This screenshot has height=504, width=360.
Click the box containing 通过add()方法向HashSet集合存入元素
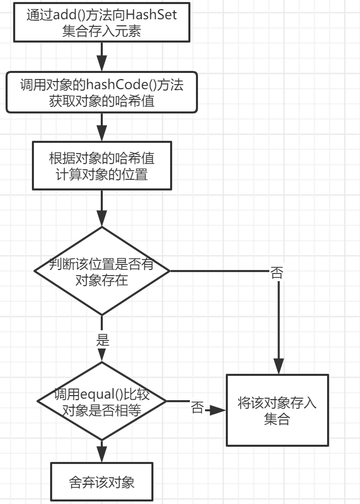(x=102, y=23)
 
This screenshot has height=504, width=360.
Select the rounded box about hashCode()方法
(x=102, y=92)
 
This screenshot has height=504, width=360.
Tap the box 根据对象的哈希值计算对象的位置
(x=102, y=165)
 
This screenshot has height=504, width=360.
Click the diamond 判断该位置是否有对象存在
(x=102, y=271)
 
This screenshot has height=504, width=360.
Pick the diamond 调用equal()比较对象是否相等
(x=102, y=401)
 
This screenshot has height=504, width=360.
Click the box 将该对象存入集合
(x=277, y=410)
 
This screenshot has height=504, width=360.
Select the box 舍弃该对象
(x=102, y=482)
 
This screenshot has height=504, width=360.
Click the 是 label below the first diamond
(x=103, y=339)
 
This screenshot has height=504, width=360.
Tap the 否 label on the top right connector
(x=277, y=273)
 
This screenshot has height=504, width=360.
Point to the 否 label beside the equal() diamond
(x=197, y=408)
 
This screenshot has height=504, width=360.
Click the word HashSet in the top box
(x=152, y=15)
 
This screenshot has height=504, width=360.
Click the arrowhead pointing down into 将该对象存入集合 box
(x=278, y=366)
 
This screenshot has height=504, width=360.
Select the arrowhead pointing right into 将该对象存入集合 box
(x=218, y=410)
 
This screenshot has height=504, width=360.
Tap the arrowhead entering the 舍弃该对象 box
(x=102, y=454)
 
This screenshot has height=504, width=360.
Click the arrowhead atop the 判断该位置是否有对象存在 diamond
(x=102, y=219)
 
